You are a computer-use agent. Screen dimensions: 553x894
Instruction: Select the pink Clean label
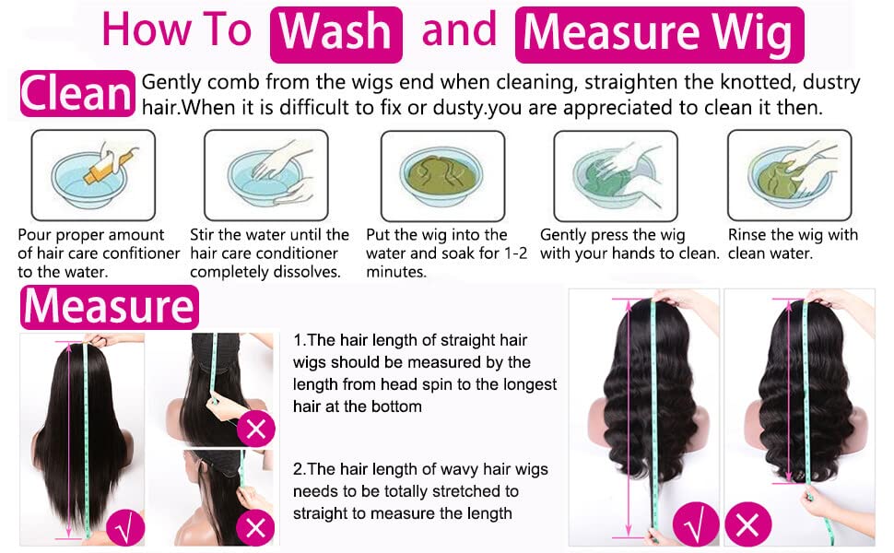point(76,94)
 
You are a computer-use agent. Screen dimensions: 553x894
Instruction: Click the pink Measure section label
point(109,308)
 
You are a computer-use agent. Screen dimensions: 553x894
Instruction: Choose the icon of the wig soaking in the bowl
point(442,175)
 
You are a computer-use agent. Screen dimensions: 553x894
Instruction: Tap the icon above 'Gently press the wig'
point(615,175)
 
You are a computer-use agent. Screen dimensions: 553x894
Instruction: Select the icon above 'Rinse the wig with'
point(789,175)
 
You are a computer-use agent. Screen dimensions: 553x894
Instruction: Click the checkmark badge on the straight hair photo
point(124,527)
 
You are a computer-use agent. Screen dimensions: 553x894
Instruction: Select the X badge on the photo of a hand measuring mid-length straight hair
point(255,429)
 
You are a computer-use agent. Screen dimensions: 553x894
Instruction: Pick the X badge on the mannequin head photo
point(255,527)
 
